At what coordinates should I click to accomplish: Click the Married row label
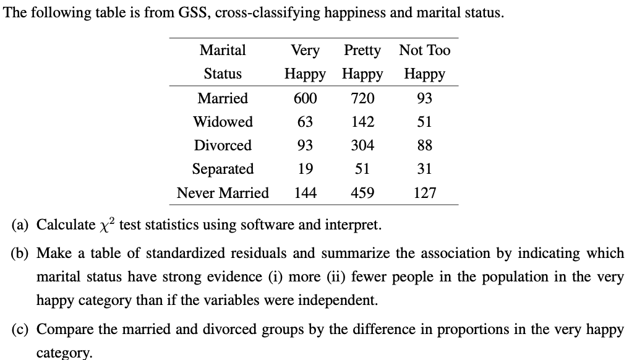point(223,98)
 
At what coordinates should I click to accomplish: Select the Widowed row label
point(223,122)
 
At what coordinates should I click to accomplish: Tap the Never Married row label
point(223,193)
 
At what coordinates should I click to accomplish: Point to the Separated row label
point(223,169)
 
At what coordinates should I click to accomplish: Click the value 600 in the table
point(305,98)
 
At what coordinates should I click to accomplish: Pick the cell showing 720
point(362,98)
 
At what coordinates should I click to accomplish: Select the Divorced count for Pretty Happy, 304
point(362,145)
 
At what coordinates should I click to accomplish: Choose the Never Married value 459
point(362,193)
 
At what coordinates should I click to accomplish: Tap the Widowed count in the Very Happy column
point(305,122)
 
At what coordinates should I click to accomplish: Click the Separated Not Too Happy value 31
point(425,169)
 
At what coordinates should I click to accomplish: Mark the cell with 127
point(425,193)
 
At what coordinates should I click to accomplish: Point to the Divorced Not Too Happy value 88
point(425,145)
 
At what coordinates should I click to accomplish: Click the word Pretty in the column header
point(362,51)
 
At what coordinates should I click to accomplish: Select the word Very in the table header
point(305,51)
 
